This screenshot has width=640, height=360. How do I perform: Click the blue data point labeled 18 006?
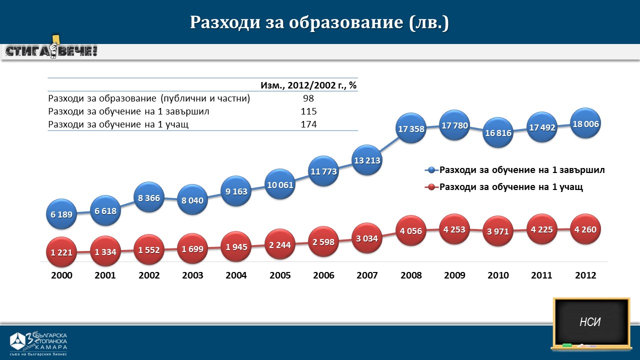[585, 123]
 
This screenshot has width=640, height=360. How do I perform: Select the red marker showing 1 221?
[61, 252]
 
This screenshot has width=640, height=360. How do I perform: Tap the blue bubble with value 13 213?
[367, 160]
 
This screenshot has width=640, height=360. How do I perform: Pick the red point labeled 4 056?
[411, 230]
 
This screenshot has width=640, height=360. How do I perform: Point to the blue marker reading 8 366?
[149, 197]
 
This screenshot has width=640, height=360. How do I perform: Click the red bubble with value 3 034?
[367, 238]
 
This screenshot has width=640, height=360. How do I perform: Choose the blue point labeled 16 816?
[498, 132]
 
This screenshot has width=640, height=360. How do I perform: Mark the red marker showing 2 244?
[280, 244]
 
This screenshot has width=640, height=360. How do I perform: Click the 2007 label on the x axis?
[367, 275]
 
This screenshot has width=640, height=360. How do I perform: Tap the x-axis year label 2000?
[61, 275]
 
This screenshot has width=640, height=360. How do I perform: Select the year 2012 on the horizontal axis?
[585, 275]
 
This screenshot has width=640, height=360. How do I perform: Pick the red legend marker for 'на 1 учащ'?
[431, 187]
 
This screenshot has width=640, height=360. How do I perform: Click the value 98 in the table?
[308, 98]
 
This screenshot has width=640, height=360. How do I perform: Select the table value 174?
[308, 124]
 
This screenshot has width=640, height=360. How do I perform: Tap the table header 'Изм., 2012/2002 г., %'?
[308, 85]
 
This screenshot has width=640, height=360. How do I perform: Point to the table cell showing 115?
[308, 111]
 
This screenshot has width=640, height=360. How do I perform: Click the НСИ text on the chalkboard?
[590, 322]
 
